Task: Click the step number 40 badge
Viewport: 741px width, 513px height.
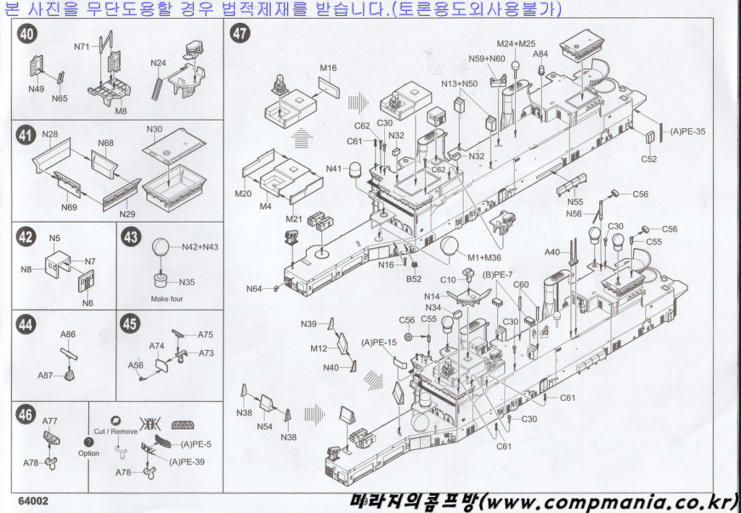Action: [x=26, y=34]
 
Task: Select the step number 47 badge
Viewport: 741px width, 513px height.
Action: [x=240, y=34]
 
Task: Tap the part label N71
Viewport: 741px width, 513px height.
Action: [x=82, y=47]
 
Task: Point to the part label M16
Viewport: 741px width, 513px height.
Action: [x=329, y=69]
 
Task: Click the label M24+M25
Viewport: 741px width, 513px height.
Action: [x=516, y=43]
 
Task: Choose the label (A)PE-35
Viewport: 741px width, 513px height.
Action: [x=687, y=132]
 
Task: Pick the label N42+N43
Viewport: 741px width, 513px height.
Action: [x=200, y=247]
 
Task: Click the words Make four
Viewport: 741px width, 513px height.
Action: [x=167, y=299]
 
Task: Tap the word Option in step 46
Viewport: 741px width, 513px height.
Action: [x=88, y=454]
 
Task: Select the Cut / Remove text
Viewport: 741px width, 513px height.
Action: [x=115, y=431]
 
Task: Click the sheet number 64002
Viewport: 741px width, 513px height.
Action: [x=33, y=501]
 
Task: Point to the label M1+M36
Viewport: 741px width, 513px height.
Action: [x=484, y=257]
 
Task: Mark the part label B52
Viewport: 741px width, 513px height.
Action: [x=413, y=279]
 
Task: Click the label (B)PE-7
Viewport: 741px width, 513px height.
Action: [x=498, y=274]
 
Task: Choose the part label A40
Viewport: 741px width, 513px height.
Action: [x=552, y=253]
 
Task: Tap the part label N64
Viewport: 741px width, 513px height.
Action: [x=254, y=289]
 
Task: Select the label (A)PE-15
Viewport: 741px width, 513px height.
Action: [x=378, y=342]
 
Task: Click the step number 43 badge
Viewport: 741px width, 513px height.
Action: [x=131, y=237]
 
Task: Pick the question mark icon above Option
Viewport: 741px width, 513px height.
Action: [x=88, y=442]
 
